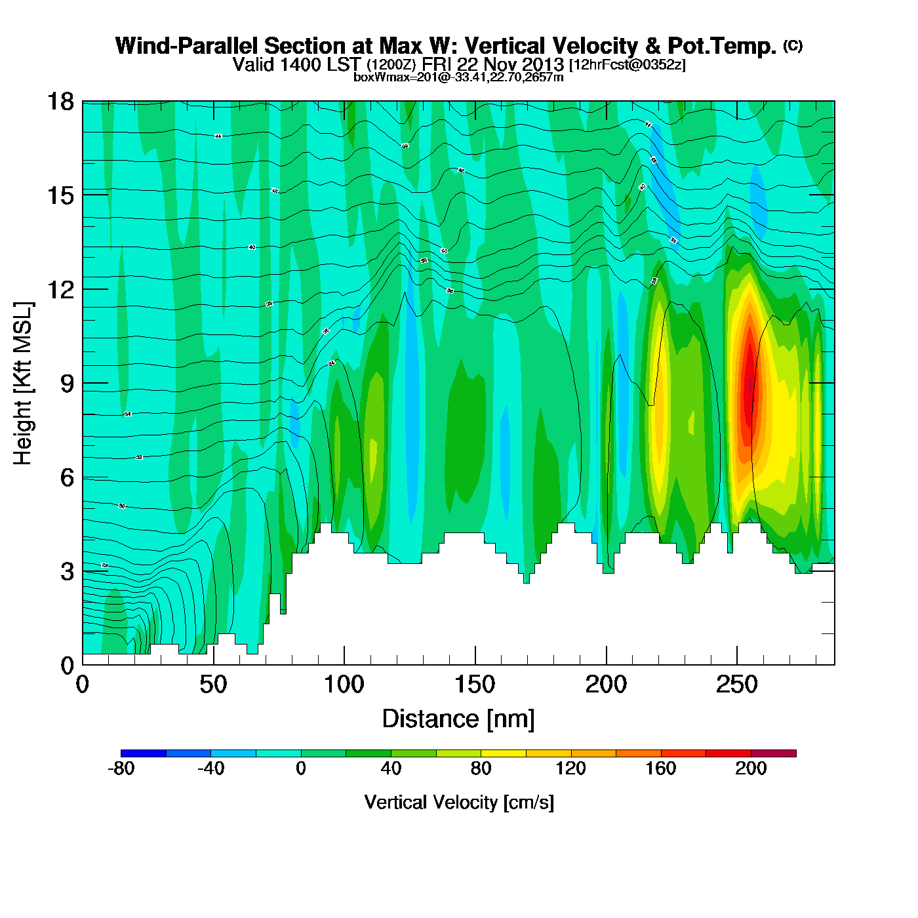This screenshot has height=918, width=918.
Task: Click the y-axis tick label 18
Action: (60, 102)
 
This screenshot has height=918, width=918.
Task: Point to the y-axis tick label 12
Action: (60, 289)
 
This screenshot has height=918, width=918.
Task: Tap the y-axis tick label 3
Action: (67, 571)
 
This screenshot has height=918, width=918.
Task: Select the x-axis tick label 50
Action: (213, 685)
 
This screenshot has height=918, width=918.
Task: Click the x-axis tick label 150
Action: (475, 685)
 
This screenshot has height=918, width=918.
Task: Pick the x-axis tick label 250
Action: (737, 685)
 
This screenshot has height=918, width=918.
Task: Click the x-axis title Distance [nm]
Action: (458, 719)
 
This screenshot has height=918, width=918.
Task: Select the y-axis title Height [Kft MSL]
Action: (23, 384)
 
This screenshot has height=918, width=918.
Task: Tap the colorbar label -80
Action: (121, 768)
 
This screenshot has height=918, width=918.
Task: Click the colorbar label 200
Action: (751, 768)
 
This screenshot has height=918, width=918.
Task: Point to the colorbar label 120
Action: (570, 768)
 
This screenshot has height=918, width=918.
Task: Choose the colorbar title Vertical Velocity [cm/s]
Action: (459, 803)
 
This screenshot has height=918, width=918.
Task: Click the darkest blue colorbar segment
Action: (144, 753)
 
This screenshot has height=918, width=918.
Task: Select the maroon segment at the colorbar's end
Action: (774, 753)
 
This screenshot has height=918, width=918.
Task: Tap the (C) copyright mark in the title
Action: (793, 45)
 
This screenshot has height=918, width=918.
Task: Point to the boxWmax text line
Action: (458, 77)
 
